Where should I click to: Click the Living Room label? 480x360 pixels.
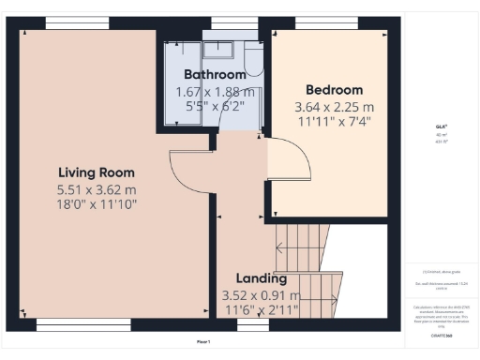(97, 172)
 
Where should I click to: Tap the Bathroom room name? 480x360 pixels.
(215, 74)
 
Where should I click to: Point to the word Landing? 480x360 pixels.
(255, 279)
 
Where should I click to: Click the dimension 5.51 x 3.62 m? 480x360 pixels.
(97, 188)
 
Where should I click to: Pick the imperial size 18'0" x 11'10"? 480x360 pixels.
(97, 203)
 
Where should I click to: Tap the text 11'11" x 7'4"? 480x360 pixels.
(334, 122)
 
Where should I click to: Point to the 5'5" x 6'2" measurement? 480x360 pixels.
(215, 107)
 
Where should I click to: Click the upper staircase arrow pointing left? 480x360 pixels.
(281, 247)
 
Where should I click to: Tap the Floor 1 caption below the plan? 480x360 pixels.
(202, 341)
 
